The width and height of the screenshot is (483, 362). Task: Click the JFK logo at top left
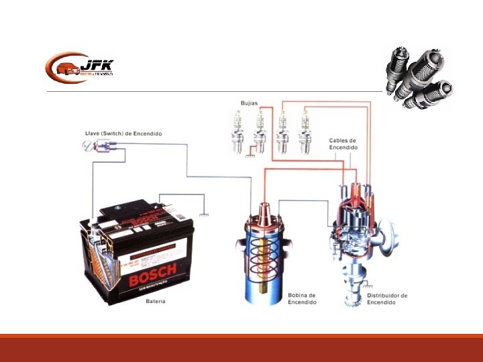(x=79, y=67)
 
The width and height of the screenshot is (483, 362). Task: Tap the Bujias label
(x=250, y=103)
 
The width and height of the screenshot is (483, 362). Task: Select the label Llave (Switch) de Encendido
(x=123, y=134)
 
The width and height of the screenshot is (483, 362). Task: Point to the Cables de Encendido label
(x=342, y=144)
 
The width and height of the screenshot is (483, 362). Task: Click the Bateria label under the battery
(x=156, y=302)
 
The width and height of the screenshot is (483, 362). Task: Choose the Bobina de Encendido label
(x=302, y=298)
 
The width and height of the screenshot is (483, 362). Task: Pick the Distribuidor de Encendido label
(x=387, y=298)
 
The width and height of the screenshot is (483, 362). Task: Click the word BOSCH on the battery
(x=152, y=274)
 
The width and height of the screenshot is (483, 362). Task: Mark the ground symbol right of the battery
(x=203, y=215)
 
